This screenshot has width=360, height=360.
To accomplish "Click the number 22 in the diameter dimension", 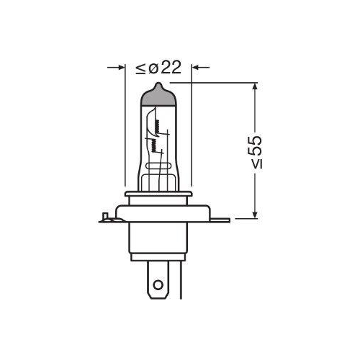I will [170, 68].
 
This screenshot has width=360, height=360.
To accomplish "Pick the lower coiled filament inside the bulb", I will [152, 147].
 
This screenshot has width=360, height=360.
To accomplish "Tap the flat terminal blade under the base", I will [158, 284].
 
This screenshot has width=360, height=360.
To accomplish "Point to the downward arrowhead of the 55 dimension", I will [255, 214].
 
